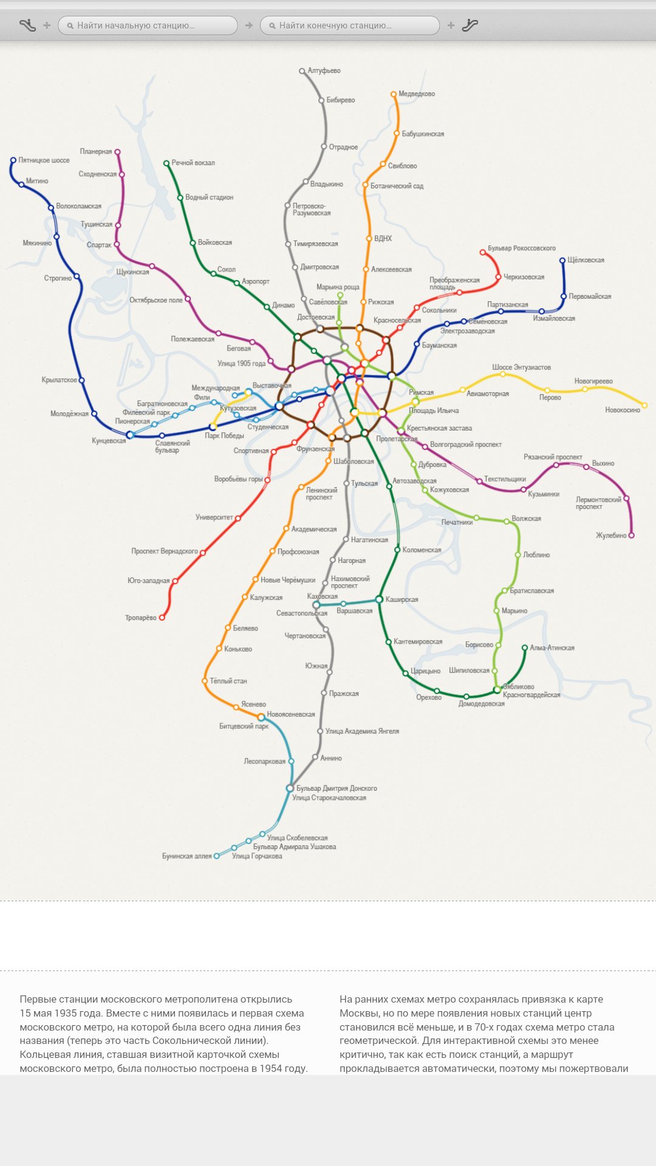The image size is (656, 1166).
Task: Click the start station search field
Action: (x=148, y=26)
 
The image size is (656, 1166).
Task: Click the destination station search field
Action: (x=350, y=26)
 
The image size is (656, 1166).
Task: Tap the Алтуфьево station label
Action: (x=324, y=70)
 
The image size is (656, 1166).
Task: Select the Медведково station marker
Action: (x=394, y=94)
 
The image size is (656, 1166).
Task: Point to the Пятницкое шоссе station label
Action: (x=44, y=160)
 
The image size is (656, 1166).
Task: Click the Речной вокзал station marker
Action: (x=166, y=163)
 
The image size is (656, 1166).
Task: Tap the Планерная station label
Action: (x=96, y=151)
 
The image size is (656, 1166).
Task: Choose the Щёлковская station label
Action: (x=586, y=260)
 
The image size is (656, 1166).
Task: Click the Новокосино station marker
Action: (x=644, y=405)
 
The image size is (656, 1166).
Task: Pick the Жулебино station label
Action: (x=610, y=536)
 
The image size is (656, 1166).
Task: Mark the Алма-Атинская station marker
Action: (x=525, y=648)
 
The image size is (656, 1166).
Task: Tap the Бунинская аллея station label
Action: (x=186, y=856)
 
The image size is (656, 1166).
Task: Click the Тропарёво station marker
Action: (x=162, y=618)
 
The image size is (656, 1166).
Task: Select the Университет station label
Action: (x=214, y=517)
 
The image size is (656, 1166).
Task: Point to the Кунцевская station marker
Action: (x=130, y=435)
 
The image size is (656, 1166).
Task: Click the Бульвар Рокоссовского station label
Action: (x=521, y=248)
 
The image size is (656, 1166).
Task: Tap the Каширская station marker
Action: (x=379, y=599)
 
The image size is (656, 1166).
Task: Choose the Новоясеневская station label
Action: (x=290, y=714)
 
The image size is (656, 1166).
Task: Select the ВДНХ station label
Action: (x=383, y=238)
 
